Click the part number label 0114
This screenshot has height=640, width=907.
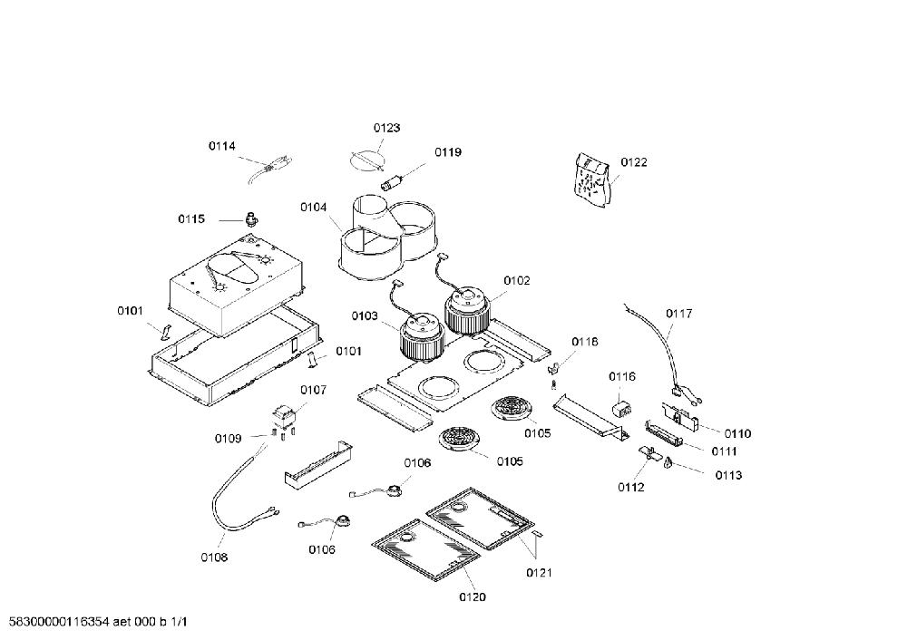(x=222, y=146)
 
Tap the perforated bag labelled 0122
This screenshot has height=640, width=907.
(x=591, y=179)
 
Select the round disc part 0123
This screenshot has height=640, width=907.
(x=367, y=159)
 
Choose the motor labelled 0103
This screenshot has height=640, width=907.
(x=423, y=338)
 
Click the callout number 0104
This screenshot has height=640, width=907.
(x=314, y=207)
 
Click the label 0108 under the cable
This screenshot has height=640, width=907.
(x=214, y=558)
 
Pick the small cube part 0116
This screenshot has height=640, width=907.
(x=622, y=407)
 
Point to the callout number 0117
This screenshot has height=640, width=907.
(x=678, y=314)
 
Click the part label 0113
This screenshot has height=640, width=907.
(x=728, y=475)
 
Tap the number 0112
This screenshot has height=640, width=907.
(x=631, y=488)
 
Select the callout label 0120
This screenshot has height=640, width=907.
(x=473, y=596)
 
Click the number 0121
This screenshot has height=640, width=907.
(x=539, y=572)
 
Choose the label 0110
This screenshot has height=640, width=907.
(x=737, y=433)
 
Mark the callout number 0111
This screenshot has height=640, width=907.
(x=724, y=451)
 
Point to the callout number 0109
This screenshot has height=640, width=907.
(x=228, y=438)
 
